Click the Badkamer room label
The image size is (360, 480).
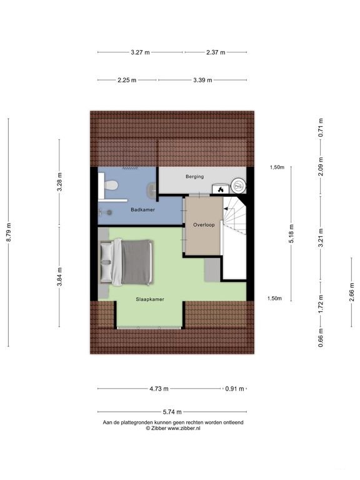(142, 210)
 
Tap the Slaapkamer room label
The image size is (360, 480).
(150, 299)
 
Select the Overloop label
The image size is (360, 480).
(204, 225)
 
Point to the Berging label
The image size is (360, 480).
(195, 177)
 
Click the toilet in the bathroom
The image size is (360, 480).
(111, 185)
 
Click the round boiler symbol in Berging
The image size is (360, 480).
(239, 186)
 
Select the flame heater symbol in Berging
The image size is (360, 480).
(221, 189)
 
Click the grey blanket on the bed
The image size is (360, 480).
(136, 262)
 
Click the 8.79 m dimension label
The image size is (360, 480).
(9, 232)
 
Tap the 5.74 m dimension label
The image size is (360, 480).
(172, 412)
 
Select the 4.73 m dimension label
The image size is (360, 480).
(159, 389)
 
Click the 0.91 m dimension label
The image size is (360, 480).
(235, 389)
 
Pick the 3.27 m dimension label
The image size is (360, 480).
(140, 52)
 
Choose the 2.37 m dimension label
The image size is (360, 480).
(216, 52)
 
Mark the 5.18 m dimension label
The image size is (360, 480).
(291, 234)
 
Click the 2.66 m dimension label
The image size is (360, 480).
(352, 292)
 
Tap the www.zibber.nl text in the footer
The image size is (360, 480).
(184, 429)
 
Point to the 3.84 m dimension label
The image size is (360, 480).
(59, 277)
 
